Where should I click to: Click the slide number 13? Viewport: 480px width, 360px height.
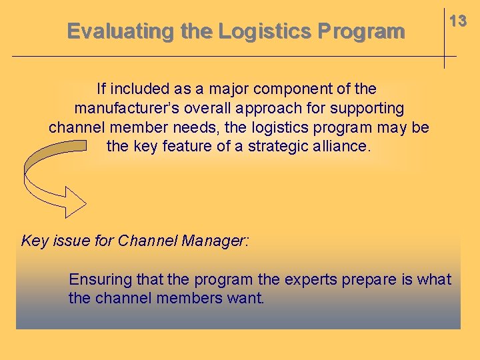[457, 21]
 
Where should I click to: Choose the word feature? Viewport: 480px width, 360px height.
[195, 146]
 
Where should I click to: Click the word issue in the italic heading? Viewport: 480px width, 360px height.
[71, 241]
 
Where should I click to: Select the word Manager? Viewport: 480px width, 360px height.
[214, 241]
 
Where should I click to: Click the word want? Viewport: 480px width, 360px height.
[246, 297]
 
